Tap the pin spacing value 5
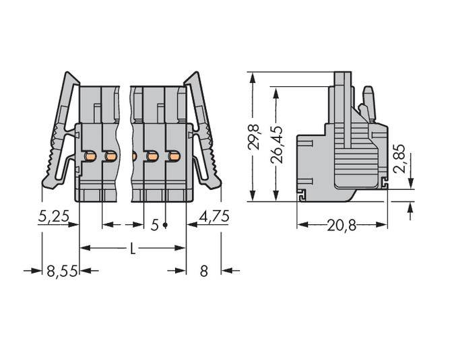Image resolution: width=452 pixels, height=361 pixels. click(154, 225)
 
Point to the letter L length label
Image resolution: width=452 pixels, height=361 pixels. click(133, 249)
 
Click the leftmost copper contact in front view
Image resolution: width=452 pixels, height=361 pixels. click(90, 157)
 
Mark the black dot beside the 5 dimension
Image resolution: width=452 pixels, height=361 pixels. click(165, 225)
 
